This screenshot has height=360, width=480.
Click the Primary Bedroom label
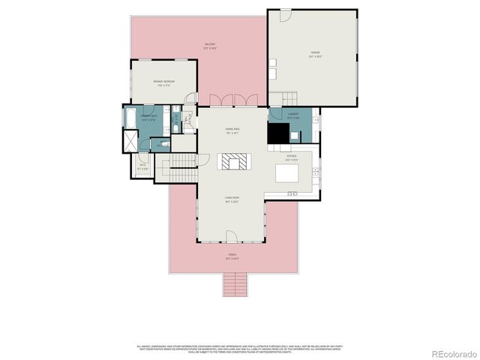(164, 83)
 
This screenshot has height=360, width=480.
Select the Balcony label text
(211, 46)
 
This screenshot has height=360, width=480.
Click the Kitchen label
(292, 158)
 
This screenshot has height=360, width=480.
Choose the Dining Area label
(232, 131)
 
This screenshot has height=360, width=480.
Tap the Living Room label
(232, 199)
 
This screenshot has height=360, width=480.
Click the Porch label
(232, 256)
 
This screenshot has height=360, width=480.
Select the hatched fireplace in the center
(232, 163)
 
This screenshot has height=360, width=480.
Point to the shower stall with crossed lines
(129, 142)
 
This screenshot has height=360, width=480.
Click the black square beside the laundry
(279, 132)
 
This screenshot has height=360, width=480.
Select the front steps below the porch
(235, 284)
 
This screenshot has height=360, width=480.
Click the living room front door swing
(232, 236)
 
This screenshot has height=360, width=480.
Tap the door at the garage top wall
(286, 14)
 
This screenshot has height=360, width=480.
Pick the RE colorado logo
(451, 352)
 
